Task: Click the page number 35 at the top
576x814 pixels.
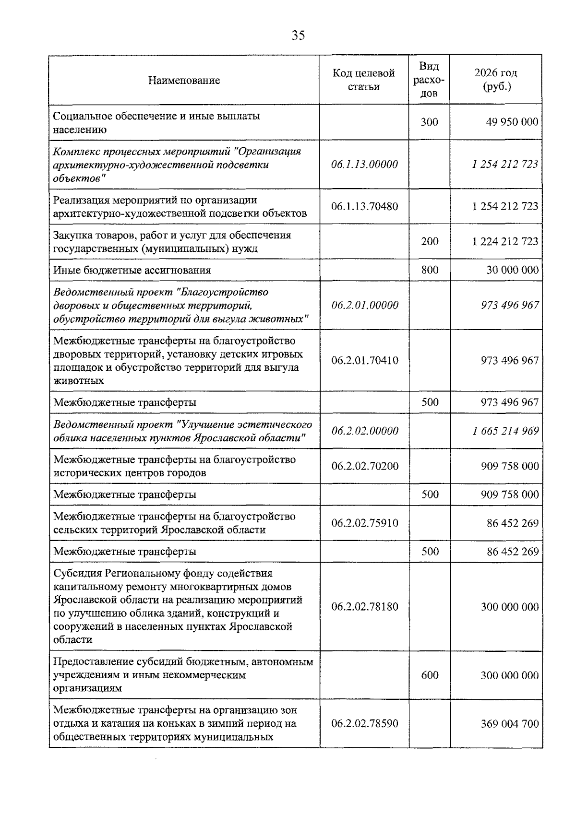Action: point(298,35)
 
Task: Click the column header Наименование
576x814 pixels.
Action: point(184,80)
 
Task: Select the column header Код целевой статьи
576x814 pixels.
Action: point(364,80)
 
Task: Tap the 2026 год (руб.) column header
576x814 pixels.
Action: point(496,80)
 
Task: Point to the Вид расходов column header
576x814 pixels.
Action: point(429,80)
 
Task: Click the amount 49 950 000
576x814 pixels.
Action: point(512,122)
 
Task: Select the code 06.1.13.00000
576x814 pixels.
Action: point(364,165)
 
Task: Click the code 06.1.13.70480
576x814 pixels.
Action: point(364,206)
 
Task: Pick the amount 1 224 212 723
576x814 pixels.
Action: point(505,241)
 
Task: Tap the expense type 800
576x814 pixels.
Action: point(430,270)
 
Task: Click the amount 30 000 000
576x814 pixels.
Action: point(512,270)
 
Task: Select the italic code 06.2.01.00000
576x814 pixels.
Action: point(364,305)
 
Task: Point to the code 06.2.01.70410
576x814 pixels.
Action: point(364,360)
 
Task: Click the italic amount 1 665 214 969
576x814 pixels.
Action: point(505,431)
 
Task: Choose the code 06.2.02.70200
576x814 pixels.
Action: point(364,466)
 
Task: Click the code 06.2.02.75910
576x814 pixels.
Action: point(364,523)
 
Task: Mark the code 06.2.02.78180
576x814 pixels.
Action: point(364,607)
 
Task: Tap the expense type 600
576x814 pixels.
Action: point(430,675)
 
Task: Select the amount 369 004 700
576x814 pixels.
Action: point(509,724)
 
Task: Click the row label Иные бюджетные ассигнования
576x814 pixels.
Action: point(132,270)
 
